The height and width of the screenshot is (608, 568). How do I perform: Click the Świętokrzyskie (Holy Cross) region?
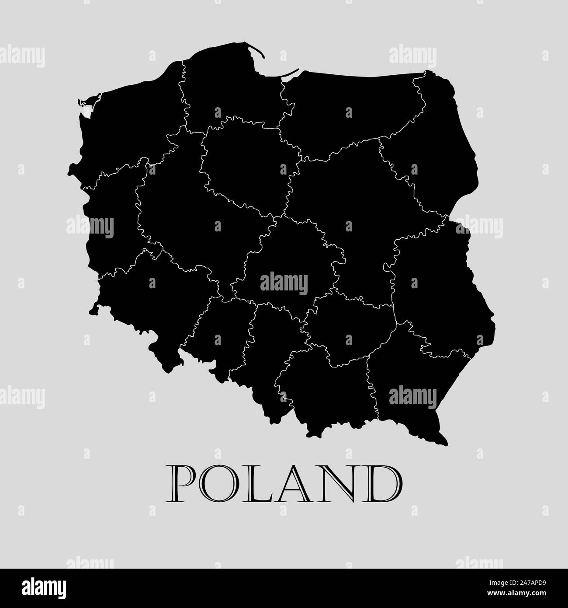(345, 332)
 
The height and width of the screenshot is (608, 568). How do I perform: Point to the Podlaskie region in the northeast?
(430, 149)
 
